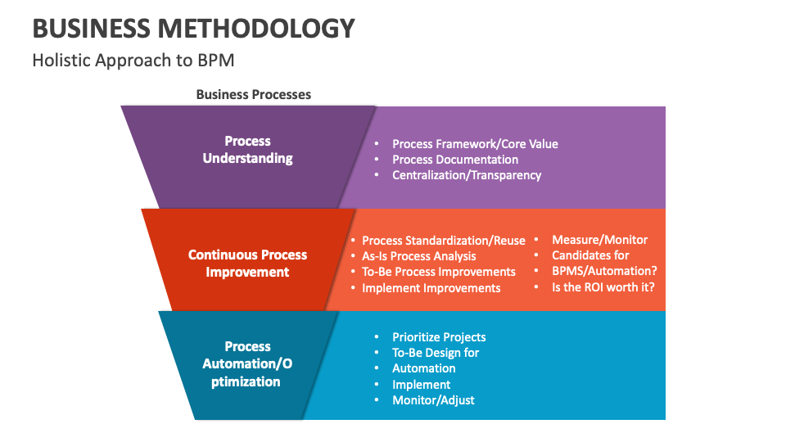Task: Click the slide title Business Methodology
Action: [x=193, y=29]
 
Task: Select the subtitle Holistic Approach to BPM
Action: [x=133, y=61]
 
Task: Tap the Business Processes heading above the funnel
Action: [x=254, y=95]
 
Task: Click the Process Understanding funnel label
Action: [x=247, y=150]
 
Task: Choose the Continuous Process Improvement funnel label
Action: [x=247, y=264]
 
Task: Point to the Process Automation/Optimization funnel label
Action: [x=247, y=364]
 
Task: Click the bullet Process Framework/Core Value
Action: [x=475, y=144]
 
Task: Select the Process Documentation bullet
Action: [x=455, y=160]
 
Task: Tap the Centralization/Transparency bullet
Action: [x=467, y=175]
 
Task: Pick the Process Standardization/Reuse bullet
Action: [x=444, y=241]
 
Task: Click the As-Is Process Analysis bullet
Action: [x=419, y=256]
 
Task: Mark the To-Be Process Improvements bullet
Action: [x=439, y=272]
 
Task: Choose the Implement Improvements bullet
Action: [x=431, y=288]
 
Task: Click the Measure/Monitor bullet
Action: [x=599, y=240]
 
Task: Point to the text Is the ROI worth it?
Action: [x=603, y=287]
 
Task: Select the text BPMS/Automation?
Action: [x=605, y=271]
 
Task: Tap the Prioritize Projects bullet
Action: [x=439, y=337]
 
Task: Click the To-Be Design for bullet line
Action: [x=436, y=353]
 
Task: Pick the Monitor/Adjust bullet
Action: [x=433, y=400]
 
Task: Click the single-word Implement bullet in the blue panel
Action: [x=422, y=385]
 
